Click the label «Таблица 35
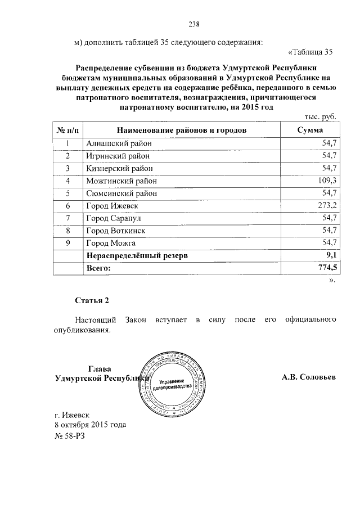click(x=310, y=53)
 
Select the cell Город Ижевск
click(x=112, y=206)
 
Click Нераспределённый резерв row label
click(x=136, y=256)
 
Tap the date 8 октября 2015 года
click(x=90, y=425)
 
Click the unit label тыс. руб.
click(x=319, y=117)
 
